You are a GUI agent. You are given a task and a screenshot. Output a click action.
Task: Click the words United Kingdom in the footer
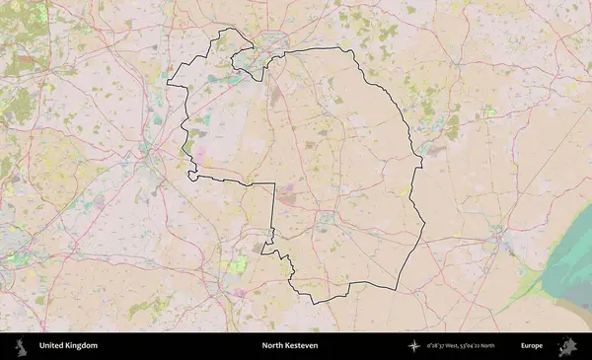click(x=68, y=346)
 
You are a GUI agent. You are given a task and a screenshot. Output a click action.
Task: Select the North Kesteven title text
click(x=291, y=346)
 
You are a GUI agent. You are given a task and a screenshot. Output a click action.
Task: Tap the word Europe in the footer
click(x=532, y=346)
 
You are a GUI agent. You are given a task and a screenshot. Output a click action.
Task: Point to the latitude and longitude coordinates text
click(x=475, y=346)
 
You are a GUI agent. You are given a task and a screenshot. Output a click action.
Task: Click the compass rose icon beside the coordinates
click(x=415, y=346)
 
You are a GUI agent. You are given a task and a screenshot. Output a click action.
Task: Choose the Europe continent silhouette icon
click(x=567, y=346)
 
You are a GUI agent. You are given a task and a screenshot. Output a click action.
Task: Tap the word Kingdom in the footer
click(x=82, y=346)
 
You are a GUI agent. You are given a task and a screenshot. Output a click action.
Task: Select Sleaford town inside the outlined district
click(x=324, y=219)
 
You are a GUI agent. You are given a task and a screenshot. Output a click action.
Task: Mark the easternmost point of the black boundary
click(x=424, y=223)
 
